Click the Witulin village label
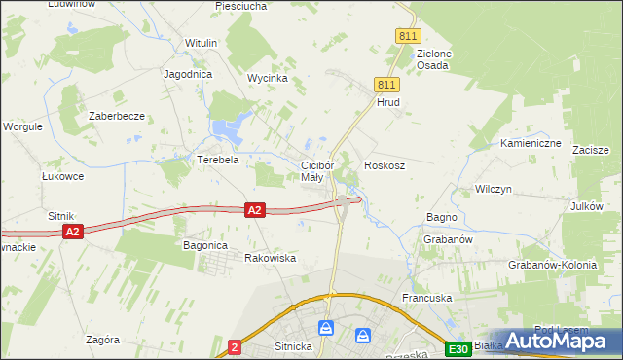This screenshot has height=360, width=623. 201,44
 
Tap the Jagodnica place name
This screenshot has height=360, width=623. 189,74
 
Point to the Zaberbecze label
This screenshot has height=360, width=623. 117,116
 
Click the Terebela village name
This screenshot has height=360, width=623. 218,160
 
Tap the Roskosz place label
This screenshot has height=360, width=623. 385,166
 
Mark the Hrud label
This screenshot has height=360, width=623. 388,102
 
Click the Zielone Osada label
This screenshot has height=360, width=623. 432,59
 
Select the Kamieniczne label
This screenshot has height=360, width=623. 531,143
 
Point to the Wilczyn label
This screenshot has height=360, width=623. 493,189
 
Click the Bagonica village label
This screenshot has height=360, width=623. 205,246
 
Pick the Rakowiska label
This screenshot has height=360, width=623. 270,258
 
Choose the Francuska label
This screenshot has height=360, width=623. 430,296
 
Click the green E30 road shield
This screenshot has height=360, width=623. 458,348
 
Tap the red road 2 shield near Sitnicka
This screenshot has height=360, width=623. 235,346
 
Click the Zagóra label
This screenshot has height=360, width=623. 102,340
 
